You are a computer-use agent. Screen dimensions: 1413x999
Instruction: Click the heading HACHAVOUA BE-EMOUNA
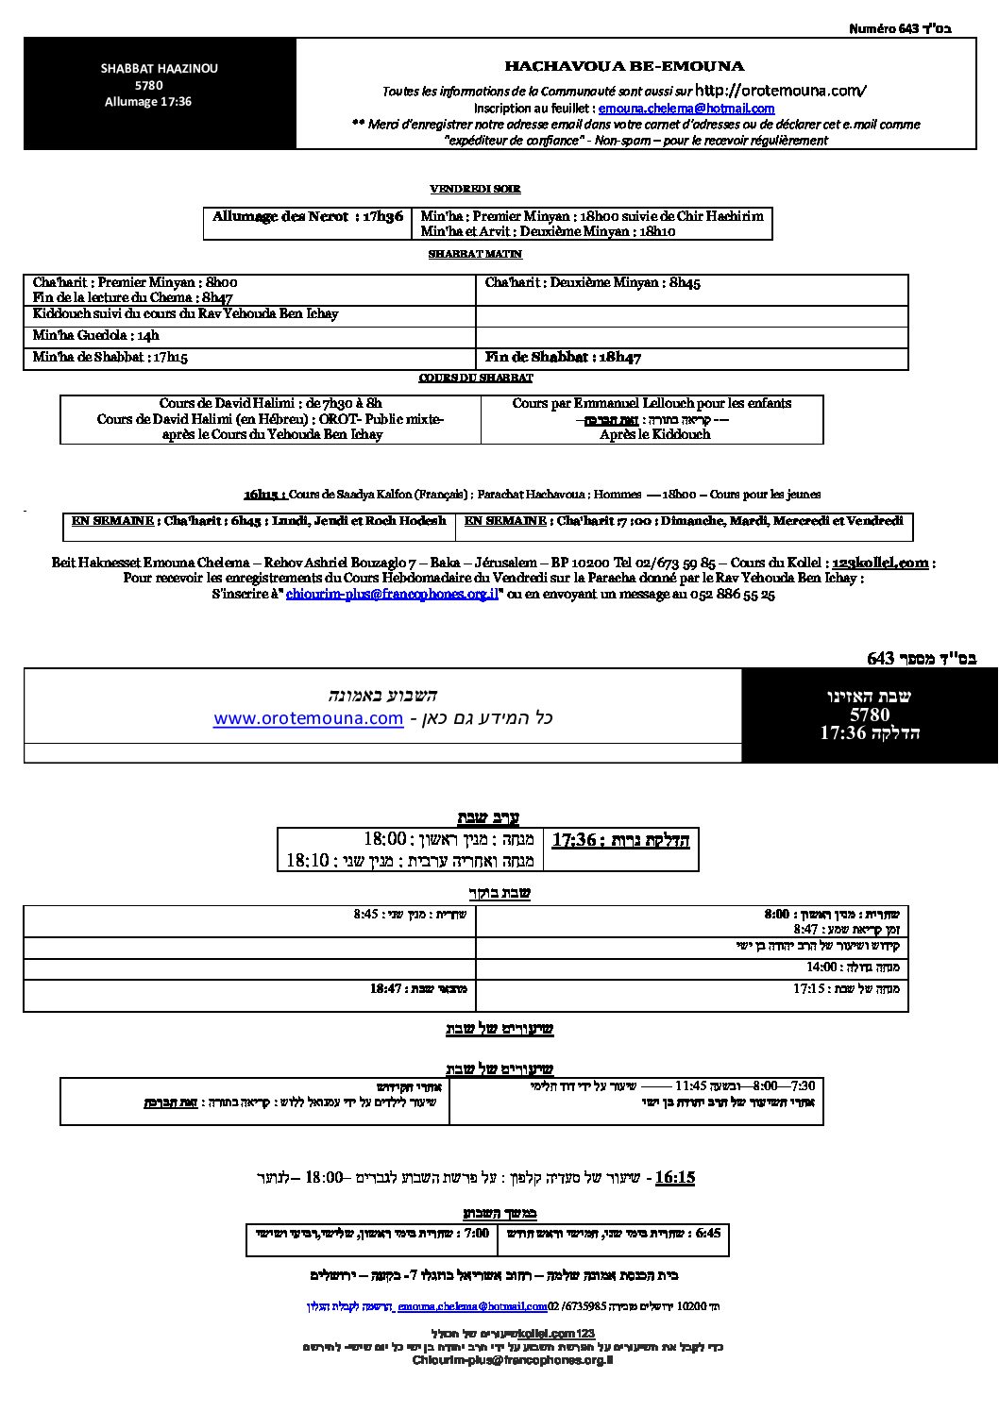point(624,66)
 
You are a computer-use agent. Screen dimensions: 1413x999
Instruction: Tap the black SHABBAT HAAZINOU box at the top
point(160,93)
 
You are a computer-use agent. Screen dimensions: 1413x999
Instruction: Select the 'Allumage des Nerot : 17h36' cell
point(308,217)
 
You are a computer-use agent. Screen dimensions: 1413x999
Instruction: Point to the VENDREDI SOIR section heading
point(475,189)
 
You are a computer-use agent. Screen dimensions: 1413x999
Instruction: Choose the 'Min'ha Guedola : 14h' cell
point(96,335)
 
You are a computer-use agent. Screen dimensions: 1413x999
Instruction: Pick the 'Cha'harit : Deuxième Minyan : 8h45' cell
point(592,282)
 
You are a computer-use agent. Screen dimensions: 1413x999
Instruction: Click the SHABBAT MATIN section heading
point(475,254)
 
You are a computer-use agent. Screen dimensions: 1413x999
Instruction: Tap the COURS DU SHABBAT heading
point(476,378)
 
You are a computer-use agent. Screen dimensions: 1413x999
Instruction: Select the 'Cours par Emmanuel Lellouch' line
point(652,403)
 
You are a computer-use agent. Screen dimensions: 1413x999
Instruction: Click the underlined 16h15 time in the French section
point(263,494)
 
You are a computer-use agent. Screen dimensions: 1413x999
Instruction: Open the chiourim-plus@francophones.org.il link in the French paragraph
point(392,595)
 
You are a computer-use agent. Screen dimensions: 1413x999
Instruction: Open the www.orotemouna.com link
point(308,718)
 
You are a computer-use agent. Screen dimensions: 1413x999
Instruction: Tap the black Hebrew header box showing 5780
point(869,715)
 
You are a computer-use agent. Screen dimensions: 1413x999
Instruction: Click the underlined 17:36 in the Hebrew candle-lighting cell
point(574,839)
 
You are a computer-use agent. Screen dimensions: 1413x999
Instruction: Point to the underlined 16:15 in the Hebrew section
point(674,1177)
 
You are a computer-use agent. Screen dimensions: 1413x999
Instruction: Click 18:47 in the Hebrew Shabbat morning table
point(387,988)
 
